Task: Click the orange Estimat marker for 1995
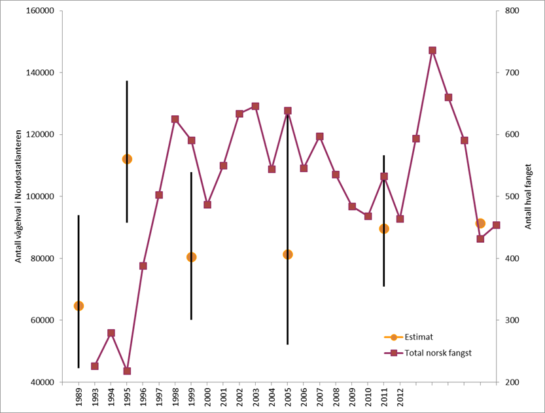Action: [127, 159]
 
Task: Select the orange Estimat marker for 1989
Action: [79, 306]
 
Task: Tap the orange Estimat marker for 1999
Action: [191, 257]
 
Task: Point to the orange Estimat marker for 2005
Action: [287, 254]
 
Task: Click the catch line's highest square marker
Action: [432, 50]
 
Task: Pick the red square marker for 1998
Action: [175, 119]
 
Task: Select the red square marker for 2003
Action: [255, 106]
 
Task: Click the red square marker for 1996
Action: [143, 266]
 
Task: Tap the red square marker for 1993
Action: [95, 366]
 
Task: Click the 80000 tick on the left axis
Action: [41, 259]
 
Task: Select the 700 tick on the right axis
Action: [509, 73]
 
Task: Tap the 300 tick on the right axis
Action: [509, 321]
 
